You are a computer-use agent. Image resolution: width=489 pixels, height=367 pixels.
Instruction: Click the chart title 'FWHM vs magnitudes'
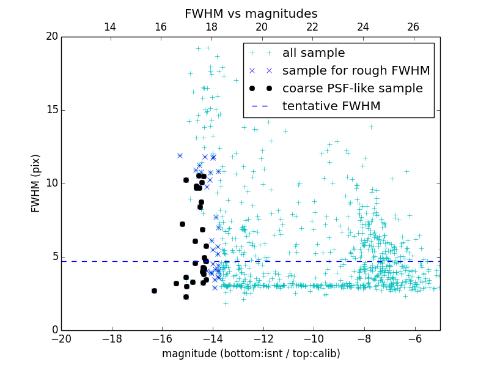pyautogui.click(x=251, y=13)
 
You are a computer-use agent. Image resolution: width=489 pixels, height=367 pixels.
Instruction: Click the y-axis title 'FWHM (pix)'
pyautogui.click(x=35, y=183)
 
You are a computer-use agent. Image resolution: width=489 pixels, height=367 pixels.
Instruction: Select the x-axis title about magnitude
pyautogui.click(x=251, y=354)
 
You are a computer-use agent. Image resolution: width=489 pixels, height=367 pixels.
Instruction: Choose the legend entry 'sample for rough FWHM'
pyautogui.click(x=356, y=71)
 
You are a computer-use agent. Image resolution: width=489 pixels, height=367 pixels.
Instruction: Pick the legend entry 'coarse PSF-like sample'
pyautogui.click(x=352, y=89)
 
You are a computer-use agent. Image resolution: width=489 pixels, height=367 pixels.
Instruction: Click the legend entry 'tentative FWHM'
pyautogui.click(x=331, y=106)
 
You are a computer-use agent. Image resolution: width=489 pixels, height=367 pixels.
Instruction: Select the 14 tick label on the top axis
pyautogui.click(x=110, y=27)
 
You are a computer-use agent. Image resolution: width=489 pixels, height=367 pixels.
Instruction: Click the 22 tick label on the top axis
pyautogui.click(x=312, y=27)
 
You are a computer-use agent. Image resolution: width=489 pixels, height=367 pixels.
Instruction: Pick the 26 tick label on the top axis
pyautogui.click(x=413, y=27)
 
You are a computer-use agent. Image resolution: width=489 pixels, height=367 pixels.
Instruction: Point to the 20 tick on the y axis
pyautogui.click(x=51, y=37)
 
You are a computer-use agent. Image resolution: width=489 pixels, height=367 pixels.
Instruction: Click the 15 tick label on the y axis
pyautogui.click(x=51, y=110)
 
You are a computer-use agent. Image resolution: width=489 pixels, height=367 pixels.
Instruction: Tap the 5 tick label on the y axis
pyautogui.click(x=54, y=257)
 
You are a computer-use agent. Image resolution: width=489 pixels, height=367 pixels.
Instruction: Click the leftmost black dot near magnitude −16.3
pyautogui.click(x=154, y=291)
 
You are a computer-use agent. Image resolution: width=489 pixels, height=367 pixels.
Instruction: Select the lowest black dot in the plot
pyautogui.click(x=186, y=297)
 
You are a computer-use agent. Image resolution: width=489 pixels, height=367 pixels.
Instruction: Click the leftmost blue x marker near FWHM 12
pyautogui.click(x=180, y=155)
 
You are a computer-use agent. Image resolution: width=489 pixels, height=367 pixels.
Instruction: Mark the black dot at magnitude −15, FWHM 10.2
pyautogui.click(x=186, y=180)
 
